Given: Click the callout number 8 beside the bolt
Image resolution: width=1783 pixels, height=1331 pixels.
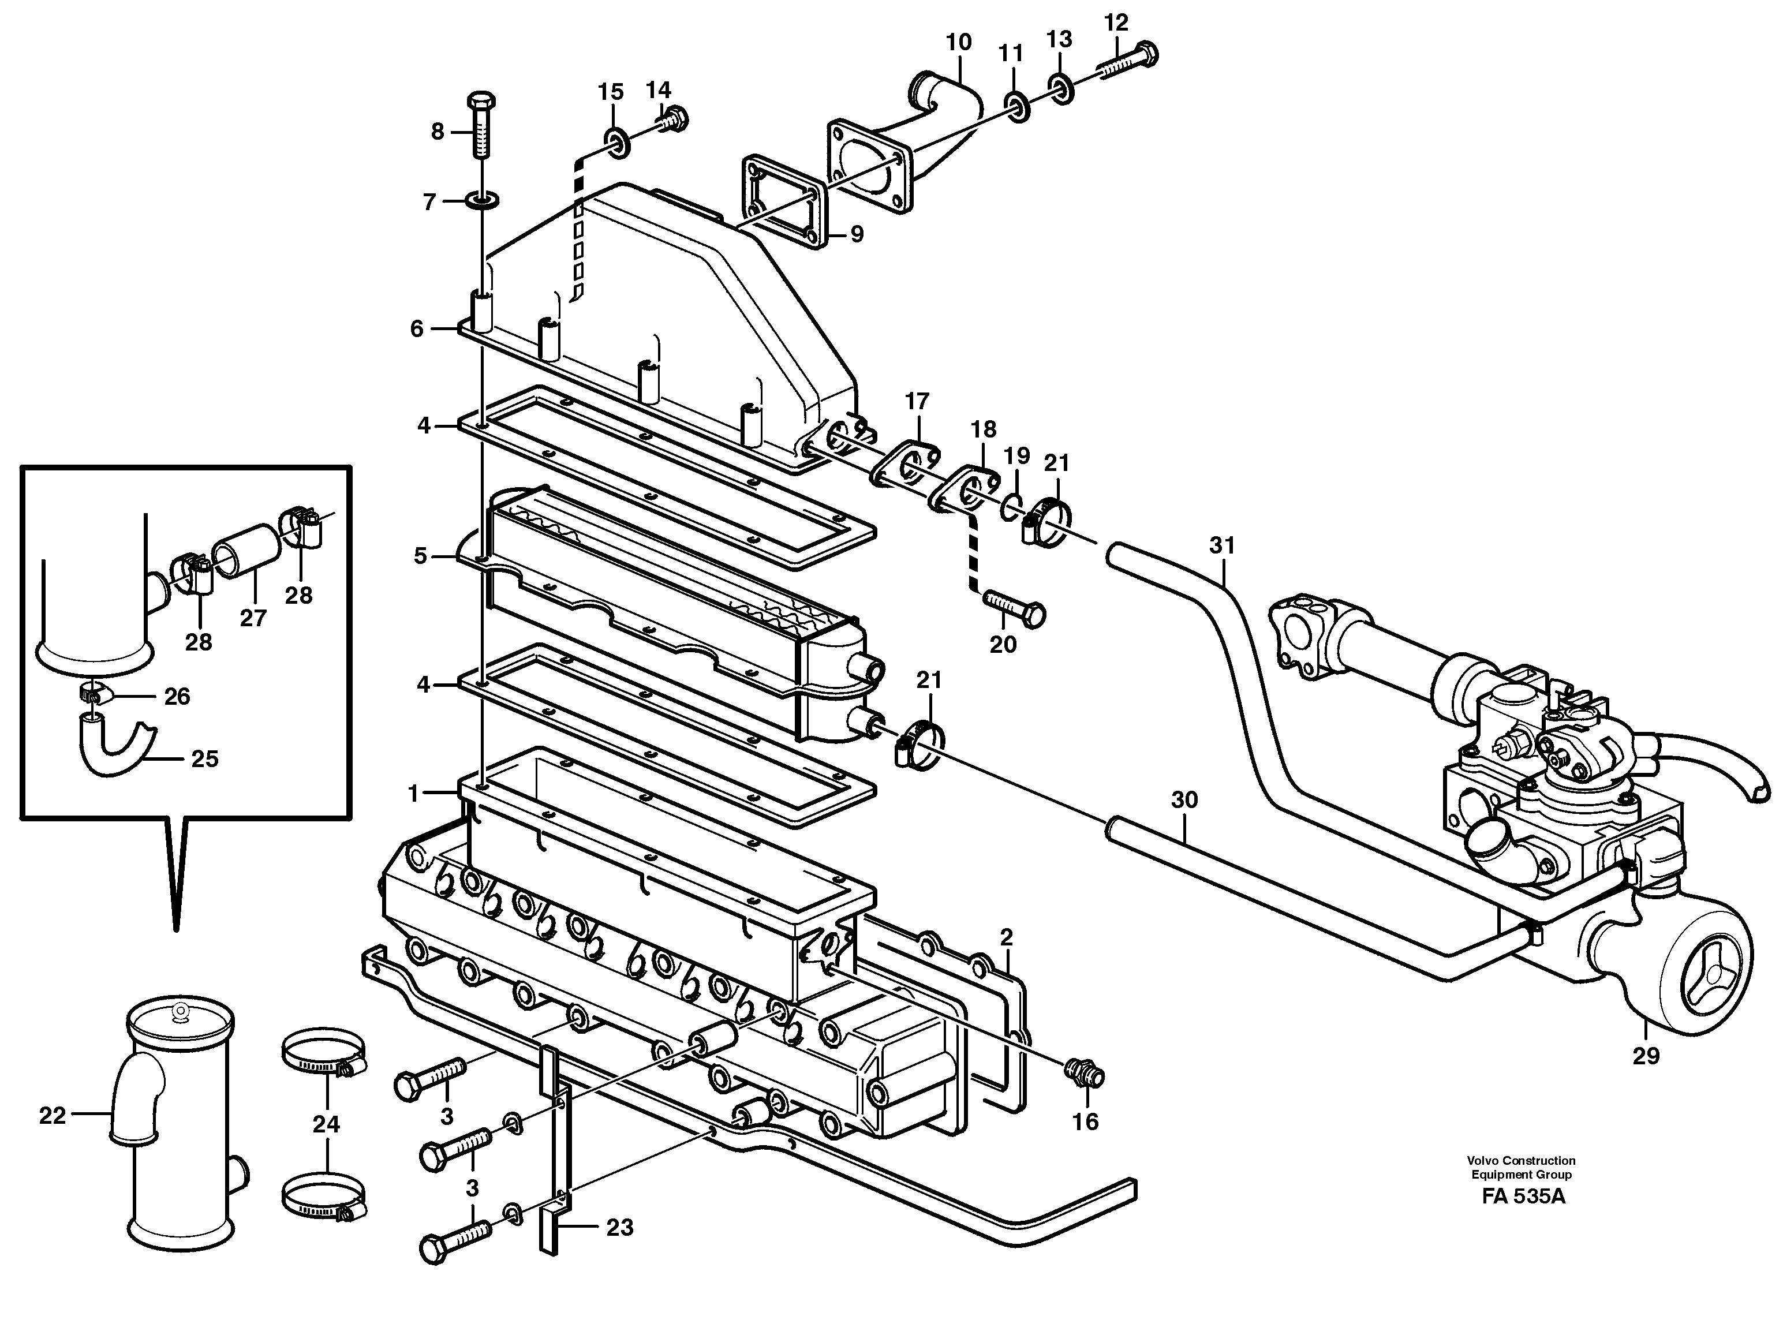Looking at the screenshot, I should coord(437,132).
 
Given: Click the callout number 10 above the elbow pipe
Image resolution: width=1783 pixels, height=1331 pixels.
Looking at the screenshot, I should coord(958,42).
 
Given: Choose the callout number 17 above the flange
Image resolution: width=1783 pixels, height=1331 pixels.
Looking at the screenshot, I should coord(916,401).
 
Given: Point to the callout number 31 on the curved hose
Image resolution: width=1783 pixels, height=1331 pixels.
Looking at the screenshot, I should coord(1221,545).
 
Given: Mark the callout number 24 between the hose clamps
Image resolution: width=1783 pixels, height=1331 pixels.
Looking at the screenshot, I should coord(326,1124).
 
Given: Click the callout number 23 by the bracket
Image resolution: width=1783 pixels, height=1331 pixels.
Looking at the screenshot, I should coord(619,1228).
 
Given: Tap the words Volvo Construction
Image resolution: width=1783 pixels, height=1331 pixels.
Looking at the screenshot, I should coord(1520,1160).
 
